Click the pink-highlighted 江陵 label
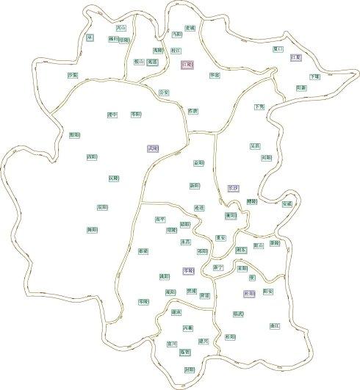tap(187, 65)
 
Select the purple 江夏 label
tap(296, 57)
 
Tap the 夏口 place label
tap(277, 48)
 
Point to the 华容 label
tap(214, 75)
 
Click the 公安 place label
tap(164, 93)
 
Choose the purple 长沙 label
tap(233, 188)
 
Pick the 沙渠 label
tap(73, 75)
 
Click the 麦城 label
tap(190, 28)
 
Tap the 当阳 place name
tap(176, 34)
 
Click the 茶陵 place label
tap(274, 242)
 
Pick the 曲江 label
tap(276, 324)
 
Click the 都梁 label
tap(143, 251)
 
